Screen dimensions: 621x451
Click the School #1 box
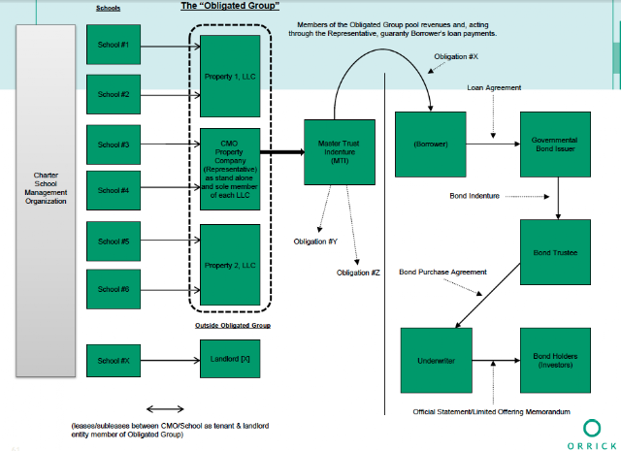114,45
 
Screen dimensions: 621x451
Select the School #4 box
114,190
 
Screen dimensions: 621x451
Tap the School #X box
114,361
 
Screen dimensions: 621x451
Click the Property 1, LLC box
230,76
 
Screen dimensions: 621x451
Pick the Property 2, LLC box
230,265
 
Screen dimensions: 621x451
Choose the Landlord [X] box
230,359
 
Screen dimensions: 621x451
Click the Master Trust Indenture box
340,152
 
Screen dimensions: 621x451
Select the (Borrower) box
431,145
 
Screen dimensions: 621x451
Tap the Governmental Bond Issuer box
555,145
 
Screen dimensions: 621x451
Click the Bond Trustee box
555,252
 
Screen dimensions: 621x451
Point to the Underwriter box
437,361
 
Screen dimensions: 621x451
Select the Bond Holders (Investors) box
555,361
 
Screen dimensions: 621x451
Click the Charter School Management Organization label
46,188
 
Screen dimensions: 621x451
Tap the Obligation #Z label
358,273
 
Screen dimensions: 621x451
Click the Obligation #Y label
315,242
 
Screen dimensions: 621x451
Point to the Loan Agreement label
494,87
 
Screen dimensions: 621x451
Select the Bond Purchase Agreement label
442,272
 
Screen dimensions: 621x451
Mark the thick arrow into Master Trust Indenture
282,152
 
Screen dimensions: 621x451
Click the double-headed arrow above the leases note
165,409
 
